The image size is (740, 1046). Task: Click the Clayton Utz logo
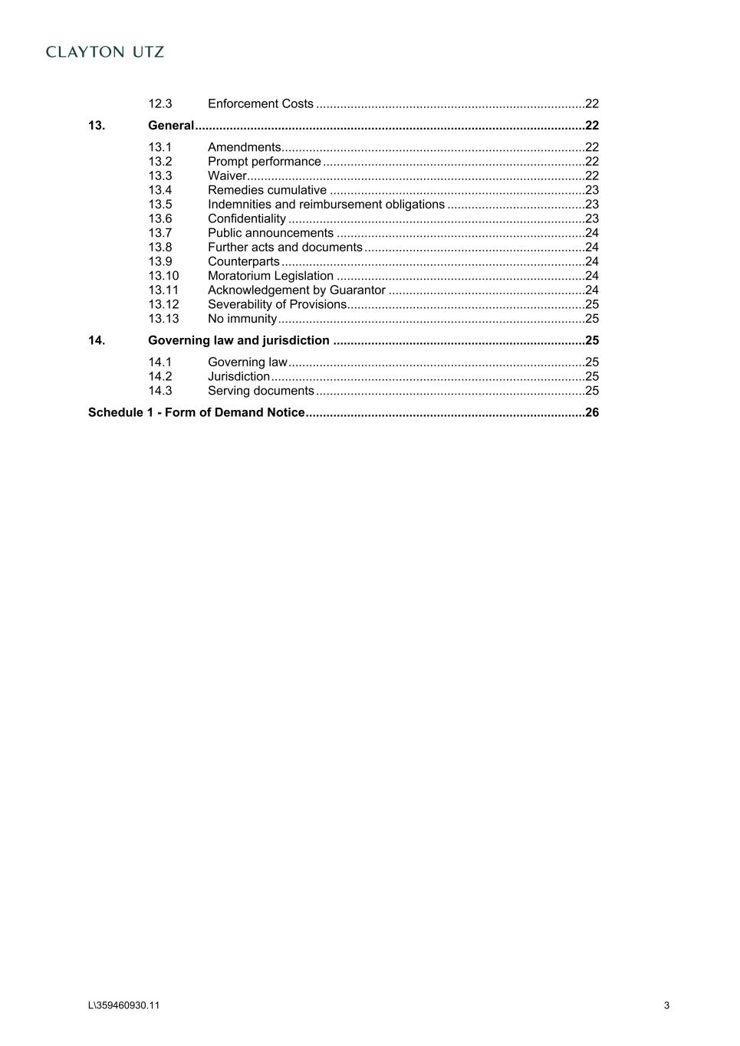[x=105, y=52]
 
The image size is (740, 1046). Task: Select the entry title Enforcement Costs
[x=260, y=103]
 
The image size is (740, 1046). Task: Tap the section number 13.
[x=97, y=126]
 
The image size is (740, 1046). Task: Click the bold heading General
[x=170, y=126]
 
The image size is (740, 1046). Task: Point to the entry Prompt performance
[x=264, y=162]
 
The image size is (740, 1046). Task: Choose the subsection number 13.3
[x=160, y=176]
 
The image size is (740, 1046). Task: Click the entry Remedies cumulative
[x=267, y=190]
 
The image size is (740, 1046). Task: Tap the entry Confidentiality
[x=246, y=219]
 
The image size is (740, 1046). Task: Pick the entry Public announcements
[x=270, y=233]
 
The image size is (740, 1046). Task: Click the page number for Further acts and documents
[x=591, y=248]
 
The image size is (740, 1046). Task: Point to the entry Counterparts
[x=243, y=262]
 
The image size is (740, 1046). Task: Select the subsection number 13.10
[x=163, y=276]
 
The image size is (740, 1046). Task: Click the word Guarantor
[x=357, y=290]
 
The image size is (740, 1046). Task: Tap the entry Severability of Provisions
[x=277, y=304]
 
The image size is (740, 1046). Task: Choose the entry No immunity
[x=242, y=319]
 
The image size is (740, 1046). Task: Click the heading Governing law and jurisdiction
[x=238, y=340]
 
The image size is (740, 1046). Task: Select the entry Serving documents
[x=261, y=391]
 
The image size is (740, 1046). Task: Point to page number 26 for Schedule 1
[x=591, y=412]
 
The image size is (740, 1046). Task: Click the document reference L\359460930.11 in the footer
[x=124, y=1005]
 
